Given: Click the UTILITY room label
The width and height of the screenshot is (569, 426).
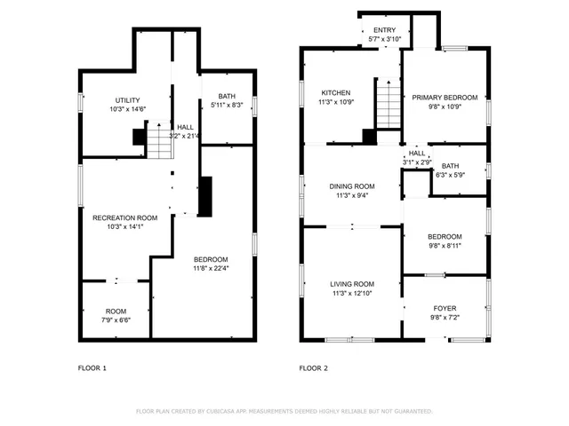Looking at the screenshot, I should tap(128, 99).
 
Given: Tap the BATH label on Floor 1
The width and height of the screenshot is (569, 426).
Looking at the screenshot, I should tap(227, 96).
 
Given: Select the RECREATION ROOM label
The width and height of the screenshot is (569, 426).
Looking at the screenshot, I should tap(125, 217).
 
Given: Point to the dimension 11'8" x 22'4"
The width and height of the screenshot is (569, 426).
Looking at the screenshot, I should tap(211, 268).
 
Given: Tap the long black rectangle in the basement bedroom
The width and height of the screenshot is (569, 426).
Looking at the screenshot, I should tap(206, 196).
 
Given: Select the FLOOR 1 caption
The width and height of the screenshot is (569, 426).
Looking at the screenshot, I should tap(92, 367).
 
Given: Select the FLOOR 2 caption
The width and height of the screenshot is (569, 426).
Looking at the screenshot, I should tap(313, 367).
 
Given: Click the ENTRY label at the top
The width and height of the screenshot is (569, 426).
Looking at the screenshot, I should tap(384, 30).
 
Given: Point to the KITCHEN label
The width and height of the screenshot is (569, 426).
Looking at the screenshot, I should tap(335, 92).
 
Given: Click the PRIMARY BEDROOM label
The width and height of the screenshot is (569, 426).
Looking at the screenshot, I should tap(444, 97).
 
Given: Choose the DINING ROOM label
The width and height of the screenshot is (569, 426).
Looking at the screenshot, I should tap(352, 186).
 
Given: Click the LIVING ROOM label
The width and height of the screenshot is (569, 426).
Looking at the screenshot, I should tap(352, 283).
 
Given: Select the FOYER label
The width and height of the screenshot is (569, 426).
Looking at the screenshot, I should tap(445, 308).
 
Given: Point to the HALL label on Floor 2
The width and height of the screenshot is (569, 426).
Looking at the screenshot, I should tap(417, 154).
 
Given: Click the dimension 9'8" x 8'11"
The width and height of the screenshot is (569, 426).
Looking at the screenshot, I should tap(445, 247).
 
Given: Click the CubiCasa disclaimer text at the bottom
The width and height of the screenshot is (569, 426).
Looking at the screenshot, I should tap(284, 411).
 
